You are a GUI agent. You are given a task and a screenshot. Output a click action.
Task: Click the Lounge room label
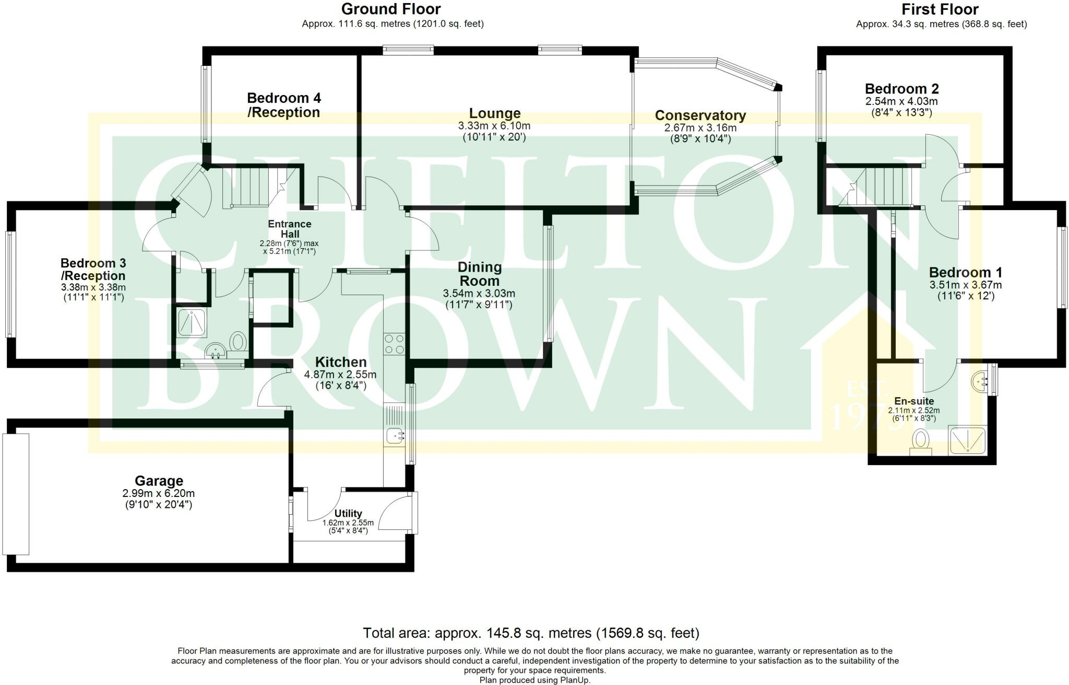tap(494, 113)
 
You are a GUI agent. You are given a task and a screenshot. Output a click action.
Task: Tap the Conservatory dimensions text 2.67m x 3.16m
tap(700, 128)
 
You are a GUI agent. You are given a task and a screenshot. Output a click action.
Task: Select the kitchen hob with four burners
tap(394, 343)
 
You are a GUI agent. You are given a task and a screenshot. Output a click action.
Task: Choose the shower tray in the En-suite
tap(967, 440)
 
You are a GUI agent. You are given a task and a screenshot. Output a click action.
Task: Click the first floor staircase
tap(876, 187)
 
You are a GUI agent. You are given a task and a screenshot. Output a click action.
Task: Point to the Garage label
tap(159, 481)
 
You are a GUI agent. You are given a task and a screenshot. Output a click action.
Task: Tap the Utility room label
tap(348, 514)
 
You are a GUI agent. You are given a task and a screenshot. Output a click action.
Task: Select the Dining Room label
tap(479, 274)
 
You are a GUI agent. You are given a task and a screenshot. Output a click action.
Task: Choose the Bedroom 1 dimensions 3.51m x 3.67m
tap(965, 285)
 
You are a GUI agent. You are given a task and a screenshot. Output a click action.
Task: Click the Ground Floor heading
tap(391, 9)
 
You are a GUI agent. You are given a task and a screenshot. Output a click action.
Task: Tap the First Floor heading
tap(940, 9)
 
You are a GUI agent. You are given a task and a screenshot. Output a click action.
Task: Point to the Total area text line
tap(531, 633)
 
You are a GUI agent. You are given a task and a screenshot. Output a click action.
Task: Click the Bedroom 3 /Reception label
tap(93, 269)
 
